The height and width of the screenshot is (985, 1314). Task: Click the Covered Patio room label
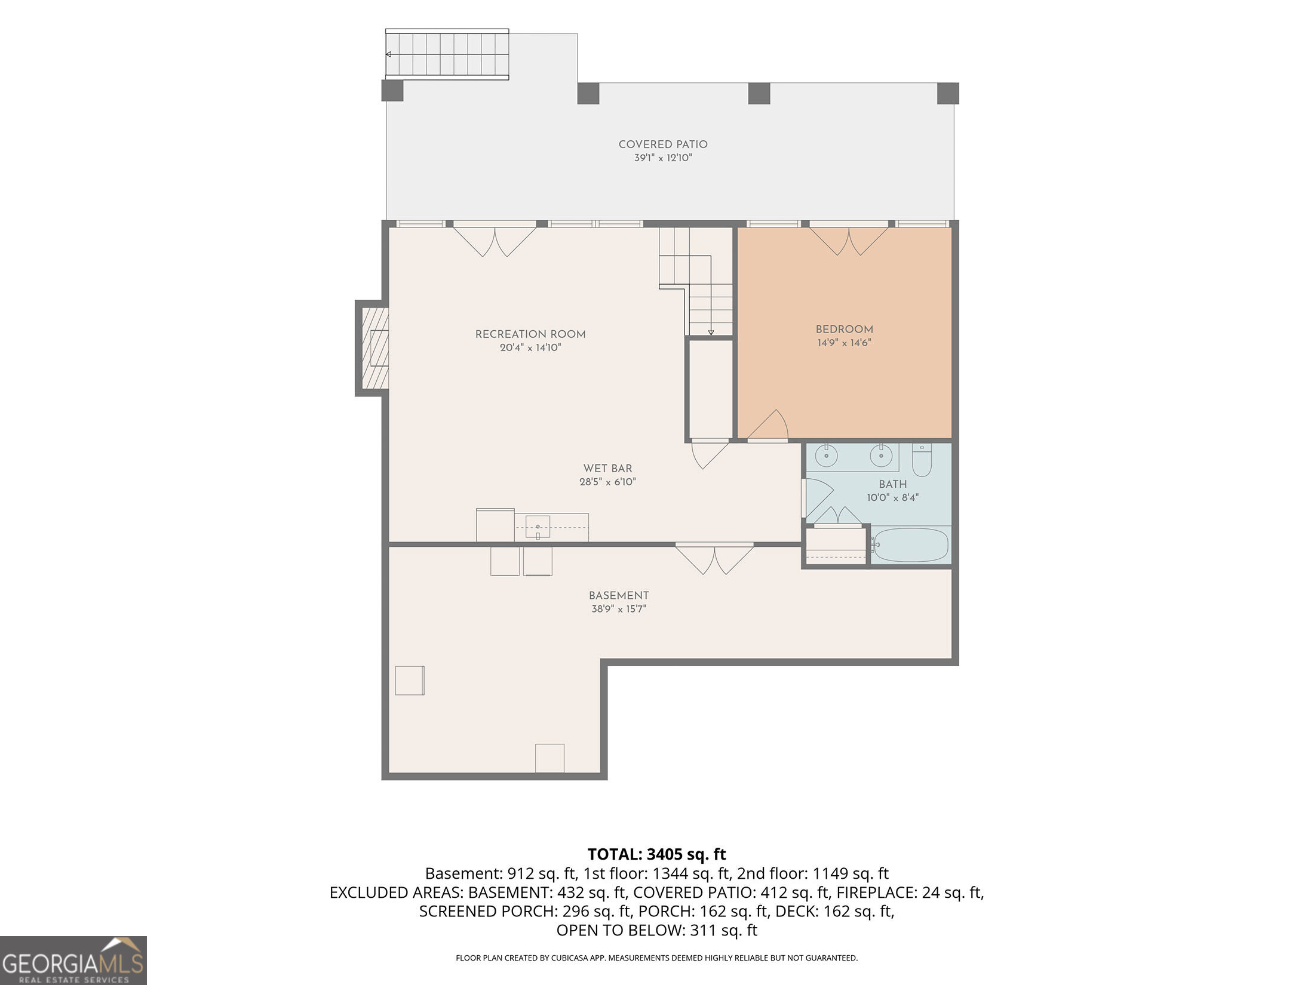[x=663, y=144]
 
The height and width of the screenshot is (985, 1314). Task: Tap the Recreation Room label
[x=530, y=334]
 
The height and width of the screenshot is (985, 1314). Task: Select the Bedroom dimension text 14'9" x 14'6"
[x=844, y=343]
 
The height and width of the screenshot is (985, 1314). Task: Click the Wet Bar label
[x=607, y=469]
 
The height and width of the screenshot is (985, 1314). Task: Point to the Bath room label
[x=893, y=484]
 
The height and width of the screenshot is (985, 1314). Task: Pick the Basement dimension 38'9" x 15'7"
[x=619, y=609]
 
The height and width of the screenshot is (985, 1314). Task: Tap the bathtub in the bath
[x=910, y=544]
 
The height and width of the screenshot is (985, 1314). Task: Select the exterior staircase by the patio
[x=447, y=54]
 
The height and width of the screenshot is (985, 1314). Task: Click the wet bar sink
[x=538, y=528]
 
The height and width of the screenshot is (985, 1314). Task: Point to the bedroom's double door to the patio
[x=849, y=239]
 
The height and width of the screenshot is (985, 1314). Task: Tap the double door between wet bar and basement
[x=714, y=559]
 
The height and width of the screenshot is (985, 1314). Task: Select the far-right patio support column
[x=948, y=93]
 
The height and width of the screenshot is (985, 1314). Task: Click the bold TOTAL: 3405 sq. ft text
[x=656, y=854]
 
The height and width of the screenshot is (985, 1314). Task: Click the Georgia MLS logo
[x=73, y=961]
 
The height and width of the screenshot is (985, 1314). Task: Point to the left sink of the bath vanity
[x=826, y=457]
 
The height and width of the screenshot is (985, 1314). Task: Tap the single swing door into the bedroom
[x=768, y=426]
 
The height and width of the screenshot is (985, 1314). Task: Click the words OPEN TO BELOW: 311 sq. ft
[x=656, y=931]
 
